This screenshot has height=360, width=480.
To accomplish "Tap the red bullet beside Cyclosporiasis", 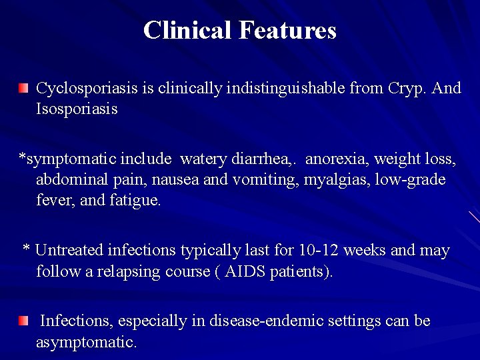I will (x=24, y=88).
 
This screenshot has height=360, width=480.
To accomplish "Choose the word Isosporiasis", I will (x=77, y=109).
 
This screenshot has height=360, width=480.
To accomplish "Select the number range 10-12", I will (x=319, y=251).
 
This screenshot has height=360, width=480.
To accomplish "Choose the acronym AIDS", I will (x=246, y=272).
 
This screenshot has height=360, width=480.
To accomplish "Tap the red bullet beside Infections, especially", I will (x=24, y=321).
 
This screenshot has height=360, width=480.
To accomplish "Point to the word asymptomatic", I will (x=87, y=343).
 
